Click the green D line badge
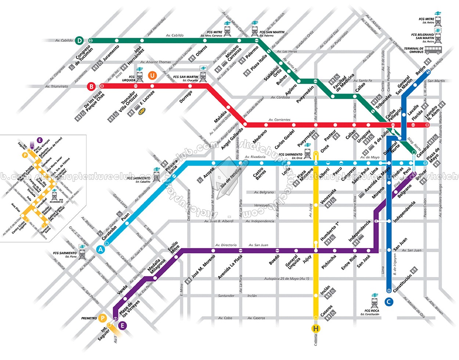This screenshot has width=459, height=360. tap(79, 40)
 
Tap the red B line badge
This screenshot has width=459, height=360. tap(91, 87)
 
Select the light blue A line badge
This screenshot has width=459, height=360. tap(100, 249)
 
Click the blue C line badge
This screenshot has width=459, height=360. tap(389, 302)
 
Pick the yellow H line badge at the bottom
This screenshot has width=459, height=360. tap(315, 328)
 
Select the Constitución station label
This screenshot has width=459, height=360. tap(402, 283)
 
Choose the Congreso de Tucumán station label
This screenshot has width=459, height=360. tap(83, 55)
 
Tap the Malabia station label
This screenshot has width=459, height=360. tap(221, 116)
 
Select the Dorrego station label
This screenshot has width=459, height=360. tap(186, 97)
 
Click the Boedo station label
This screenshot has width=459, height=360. tap(274, 260)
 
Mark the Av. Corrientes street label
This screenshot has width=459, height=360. tap(279, 120)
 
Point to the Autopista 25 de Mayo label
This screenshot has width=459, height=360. tap(286, 279)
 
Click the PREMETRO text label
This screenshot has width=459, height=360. tap(89, 318)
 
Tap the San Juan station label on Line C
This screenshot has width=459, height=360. tap(400, 244)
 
